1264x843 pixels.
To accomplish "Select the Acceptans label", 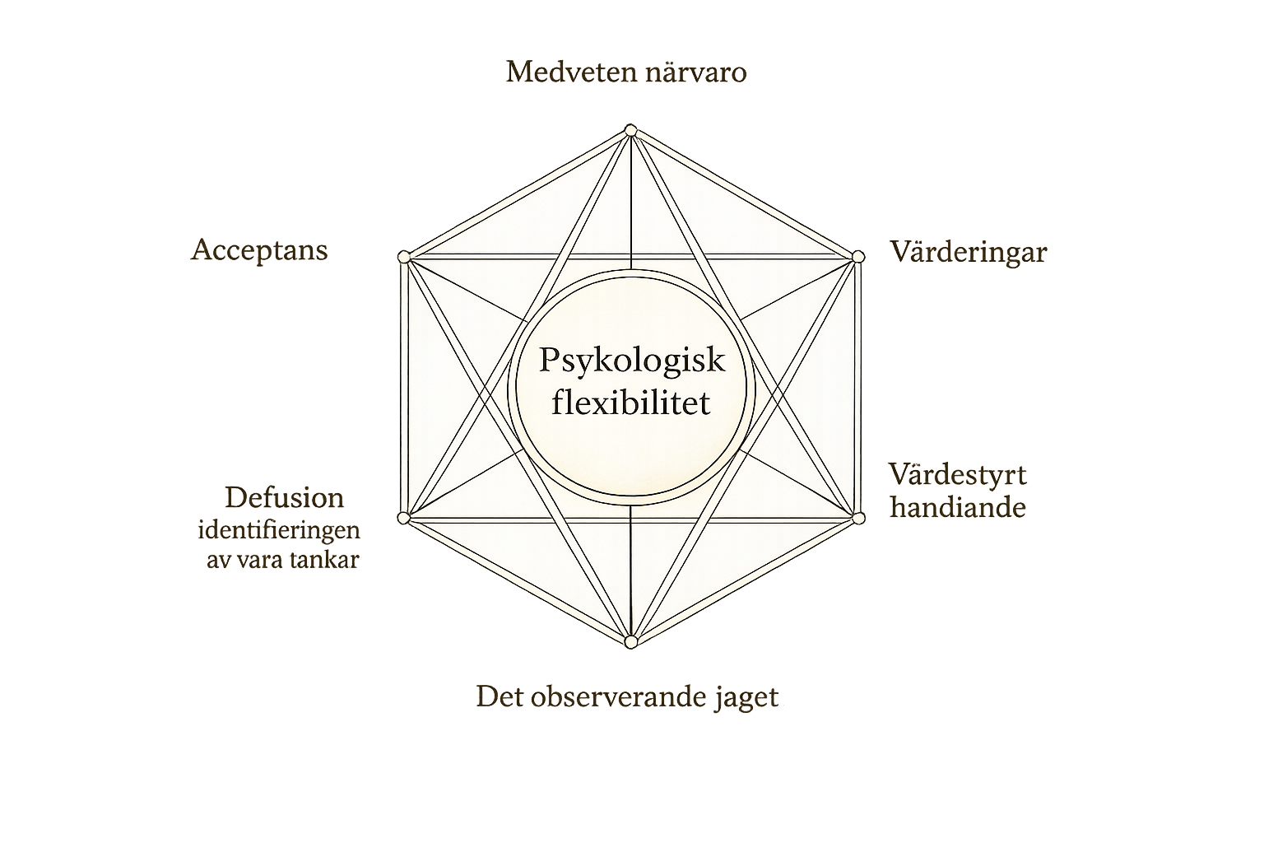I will click(259, 249).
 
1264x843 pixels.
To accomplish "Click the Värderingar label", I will click(968, 251).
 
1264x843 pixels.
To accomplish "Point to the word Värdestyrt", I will click(957, 474).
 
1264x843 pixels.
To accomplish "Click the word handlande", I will click(958, 506).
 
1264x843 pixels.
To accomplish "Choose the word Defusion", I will click(284, 497).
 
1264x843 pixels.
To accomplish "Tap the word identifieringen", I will click(279, 529).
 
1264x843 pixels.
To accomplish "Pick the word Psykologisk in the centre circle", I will click(632, 360).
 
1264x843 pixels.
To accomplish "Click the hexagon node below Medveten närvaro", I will click(631, 130).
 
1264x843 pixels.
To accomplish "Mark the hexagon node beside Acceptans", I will click(403, 257).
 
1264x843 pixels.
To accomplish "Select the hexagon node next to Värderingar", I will click(858, 257).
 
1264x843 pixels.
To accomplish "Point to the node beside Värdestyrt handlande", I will click(858, 518).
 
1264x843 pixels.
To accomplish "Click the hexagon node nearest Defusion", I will click(403, 518).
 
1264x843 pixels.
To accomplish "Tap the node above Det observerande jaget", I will click(631, 641).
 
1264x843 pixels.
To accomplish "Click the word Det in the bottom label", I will click(496, 696).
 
